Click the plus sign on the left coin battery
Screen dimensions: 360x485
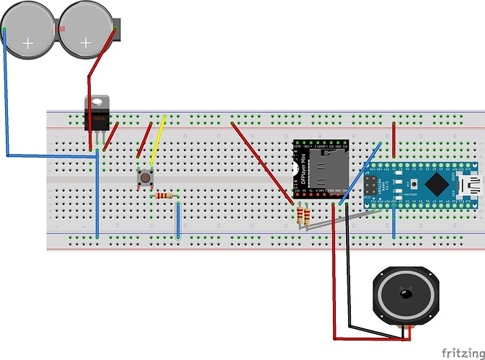click(28, 43)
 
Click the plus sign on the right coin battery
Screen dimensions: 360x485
click(86, 43)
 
